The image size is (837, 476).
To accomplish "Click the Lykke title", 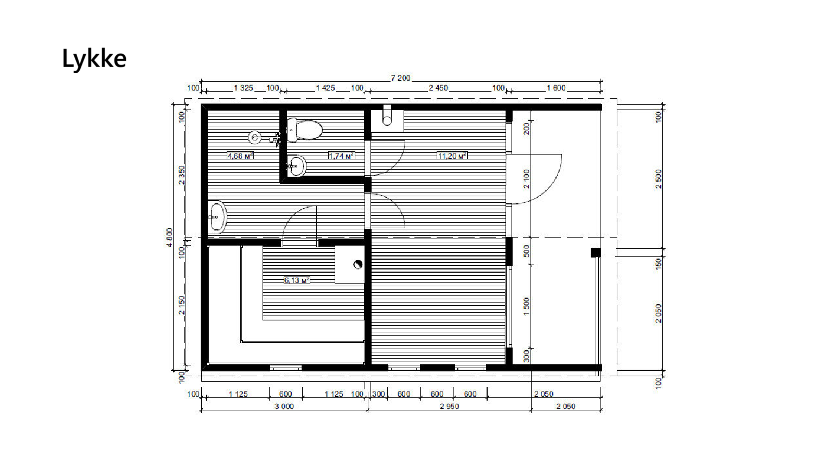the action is [94, 59].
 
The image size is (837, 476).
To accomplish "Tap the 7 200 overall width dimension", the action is [400, 78].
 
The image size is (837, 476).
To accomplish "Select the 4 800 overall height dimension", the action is [170, 237].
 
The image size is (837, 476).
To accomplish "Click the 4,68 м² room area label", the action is [240, 156].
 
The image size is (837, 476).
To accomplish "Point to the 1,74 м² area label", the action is [341, 156].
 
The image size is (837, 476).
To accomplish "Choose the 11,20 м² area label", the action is [452, 156].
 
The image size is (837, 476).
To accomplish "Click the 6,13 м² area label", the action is [297, 280].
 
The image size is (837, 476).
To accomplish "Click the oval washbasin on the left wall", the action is [218, 217].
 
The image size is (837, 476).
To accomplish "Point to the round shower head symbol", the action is [255, 137].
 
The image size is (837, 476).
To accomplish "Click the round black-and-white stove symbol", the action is [357, 265].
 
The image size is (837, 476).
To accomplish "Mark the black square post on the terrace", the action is [596, 253].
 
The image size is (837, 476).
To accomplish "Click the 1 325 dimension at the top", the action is [243, 88].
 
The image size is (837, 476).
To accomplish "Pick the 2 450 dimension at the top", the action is [438, 88].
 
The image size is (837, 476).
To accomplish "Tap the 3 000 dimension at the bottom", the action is [284, 406].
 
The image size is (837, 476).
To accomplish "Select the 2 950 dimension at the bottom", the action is [449, 406].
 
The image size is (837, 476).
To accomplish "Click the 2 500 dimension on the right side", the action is [659, 179].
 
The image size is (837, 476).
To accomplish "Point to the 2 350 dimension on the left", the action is [182, 175].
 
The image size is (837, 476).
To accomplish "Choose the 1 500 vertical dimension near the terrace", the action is [527, 306].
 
